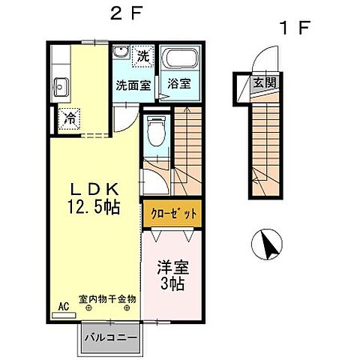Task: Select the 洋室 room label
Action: (x=172, y=267)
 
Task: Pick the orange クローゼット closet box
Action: (x=172, y=214)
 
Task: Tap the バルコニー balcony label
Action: (x=110, y=337)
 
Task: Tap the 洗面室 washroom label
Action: (x=133, y=84)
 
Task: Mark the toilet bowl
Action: (x=155, y=134)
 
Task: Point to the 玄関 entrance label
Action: (x=263, y=82)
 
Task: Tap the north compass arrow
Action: (x=268, y=244)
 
